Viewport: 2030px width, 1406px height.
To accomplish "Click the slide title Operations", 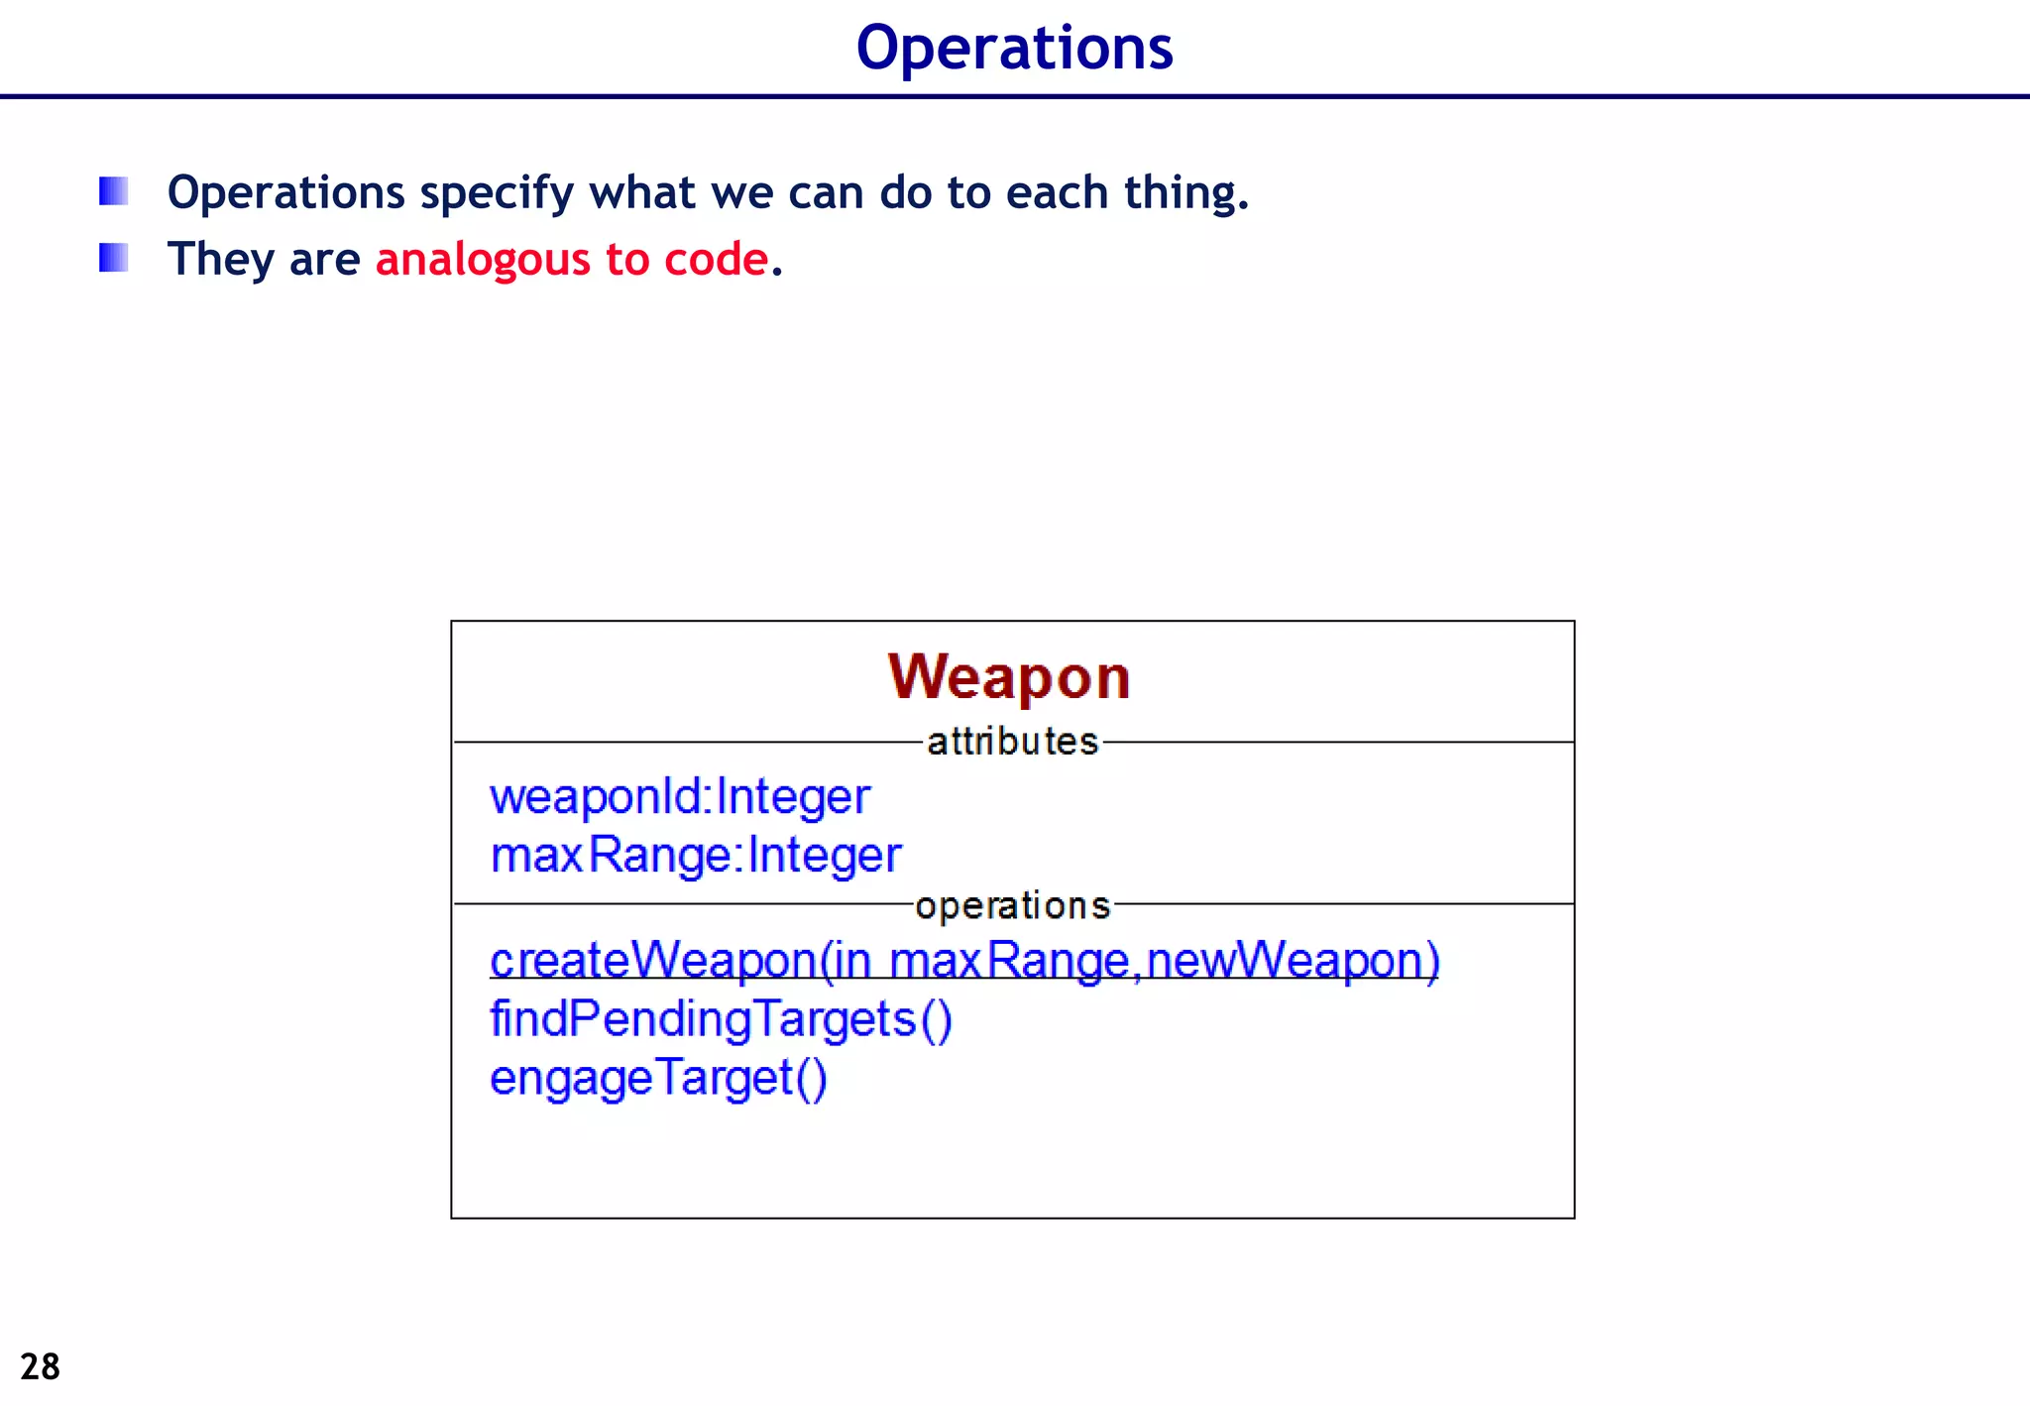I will click(x=1014, y=48).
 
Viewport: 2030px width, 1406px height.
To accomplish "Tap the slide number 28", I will click(x=41, y=1366).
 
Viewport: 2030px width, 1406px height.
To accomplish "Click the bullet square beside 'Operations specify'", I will click(x=114, y=190).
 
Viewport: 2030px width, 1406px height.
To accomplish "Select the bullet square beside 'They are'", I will click(x=114, y=258).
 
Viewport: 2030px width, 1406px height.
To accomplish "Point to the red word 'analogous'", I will click(x=483, y=260).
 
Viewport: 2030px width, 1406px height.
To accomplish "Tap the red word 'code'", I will click(x=716, y=260).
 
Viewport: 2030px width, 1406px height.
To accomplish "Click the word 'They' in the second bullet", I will click(x=221, y=260).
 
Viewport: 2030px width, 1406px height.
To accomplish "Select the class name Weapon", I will click(x=1009, y=678).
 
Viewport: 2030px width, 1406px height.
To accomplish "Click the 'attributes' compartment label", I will click(x=1012, y=742).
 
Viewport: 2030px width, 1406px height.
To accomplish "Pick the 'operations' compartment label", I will click(x=1012, y=905).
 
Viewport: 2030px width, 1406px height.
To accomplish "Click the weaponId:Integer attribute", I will click(x=680, y=797).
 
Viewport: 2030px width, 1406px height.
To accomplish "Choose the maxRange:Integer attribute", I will click(x=696, y=856).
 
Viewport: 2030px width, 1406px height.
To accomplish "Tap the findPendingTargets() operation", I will click(x=721, y=1019).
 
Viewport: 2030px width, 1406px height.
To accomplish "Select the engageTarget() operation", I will click(x=658, y=1078).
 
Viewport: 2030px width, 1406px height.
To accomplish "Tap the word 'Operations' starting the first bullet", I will click(x=286, y=194).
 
